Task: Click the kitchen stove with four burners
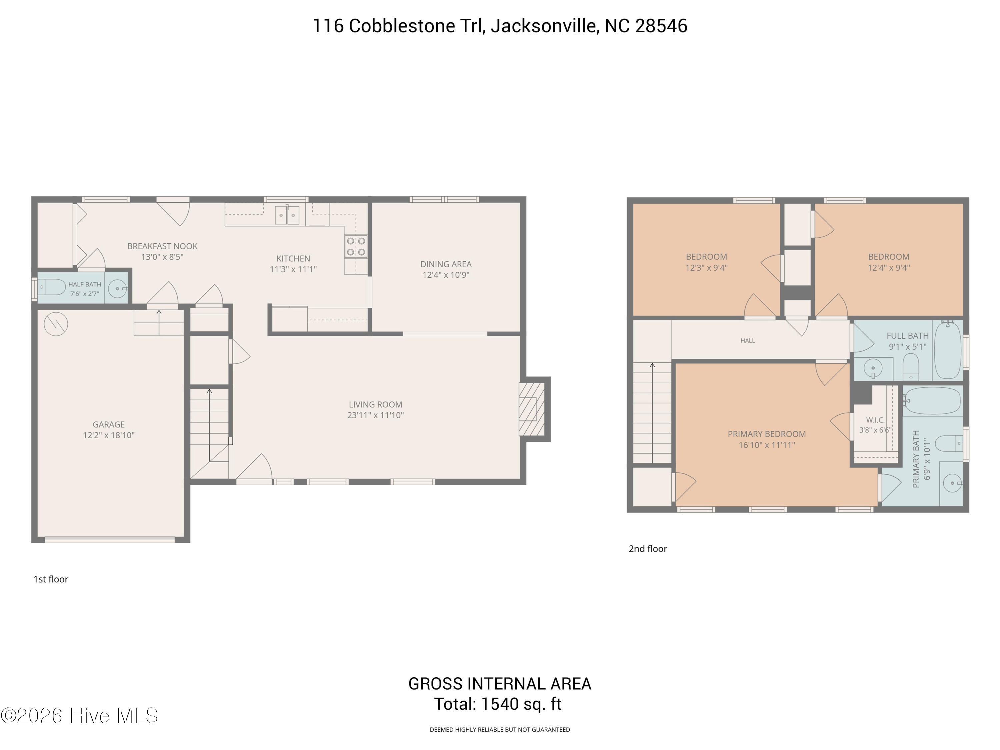click(x=356, y=246)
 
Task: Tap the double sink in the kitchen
click(x=287, y=215)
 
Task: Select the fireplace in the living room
click(x=532, y=409)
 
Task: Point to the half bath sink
click(x=118, y=288)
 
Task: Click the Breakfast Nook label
click(x=162, y=246)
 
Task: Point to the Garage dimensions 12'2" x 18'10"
click(x=108, y=435)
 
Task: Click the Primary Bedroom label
click(x=767, y=434)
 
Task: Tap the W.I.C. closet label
click(x=875, y=420)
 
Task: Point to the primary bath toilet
click(x=948, y=443)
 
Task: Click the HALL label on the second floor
click(x=748, y=340)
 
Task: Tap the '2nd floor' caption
click(x=648, y=548)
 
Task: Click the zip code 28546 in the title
click(x=661, y=26)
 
